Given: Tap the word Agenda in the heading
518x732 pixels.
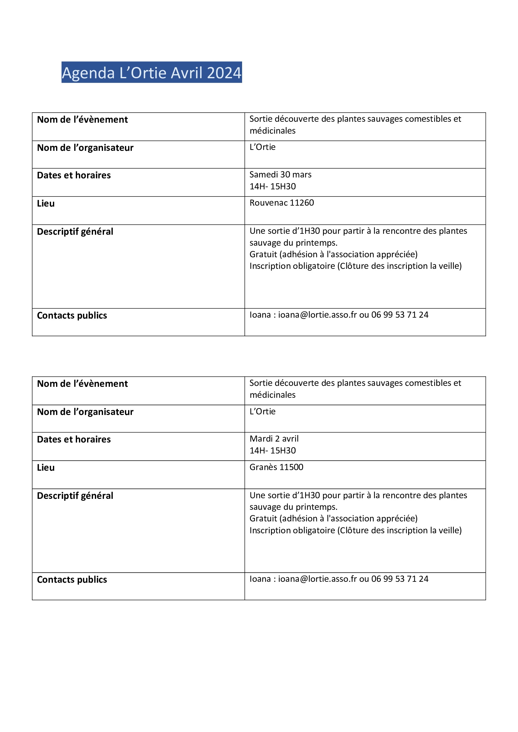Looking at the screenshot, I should [88, 73].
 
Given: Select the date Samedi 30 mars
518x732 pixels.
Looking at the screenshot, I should [280, 175].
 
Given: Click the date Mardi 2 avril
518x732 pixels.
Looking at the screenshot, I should [274, 439].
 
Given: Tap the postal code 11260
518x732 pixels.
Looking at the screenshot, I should [302, 203].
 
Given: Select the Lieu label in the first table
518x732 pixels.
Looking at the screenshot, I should [46, 203].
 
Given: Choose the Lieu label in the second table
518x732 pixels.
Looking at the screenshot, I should [46, 468].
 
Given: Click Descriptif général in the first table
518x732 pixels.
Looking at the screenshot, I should [75, 232].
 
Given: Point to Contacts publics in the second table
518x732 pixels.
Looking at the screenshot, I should [72, 580].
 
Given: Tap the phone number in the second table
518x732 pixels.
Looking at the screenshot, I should [400, 579].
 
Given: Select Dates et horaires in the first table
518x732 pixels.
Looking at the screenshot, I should [74, 175].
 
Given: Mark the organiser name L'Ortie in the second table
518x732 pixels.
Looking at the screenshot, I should [262, 411].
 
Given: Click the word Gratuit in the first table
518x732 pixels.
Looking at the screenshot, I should [263, 254].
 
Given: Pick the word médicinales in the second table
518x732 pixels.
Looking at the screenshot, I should [272, 395].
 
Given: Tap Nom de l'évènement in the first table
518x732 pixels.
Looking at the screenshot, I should [82, 120].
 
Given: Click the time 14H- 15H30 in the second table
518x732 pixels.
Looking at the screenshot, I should [273, 450].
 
